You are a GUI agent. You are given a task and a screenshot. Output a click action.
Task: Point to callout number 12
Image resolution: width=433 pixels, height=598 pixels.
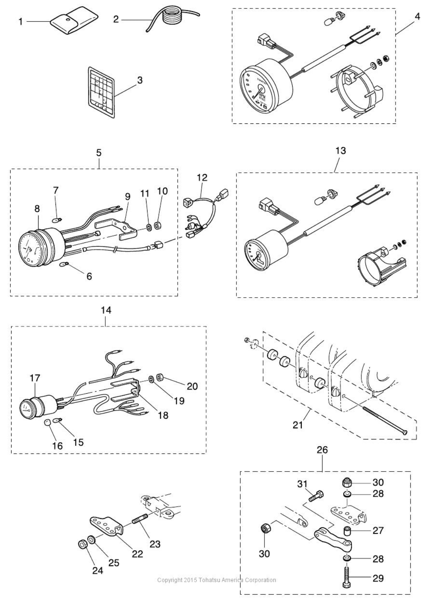tap(202, 178)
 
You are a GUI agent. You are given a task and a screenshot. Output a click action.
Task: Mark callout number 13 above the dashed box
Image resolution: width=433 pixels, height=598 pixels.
tap(340, 151)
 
